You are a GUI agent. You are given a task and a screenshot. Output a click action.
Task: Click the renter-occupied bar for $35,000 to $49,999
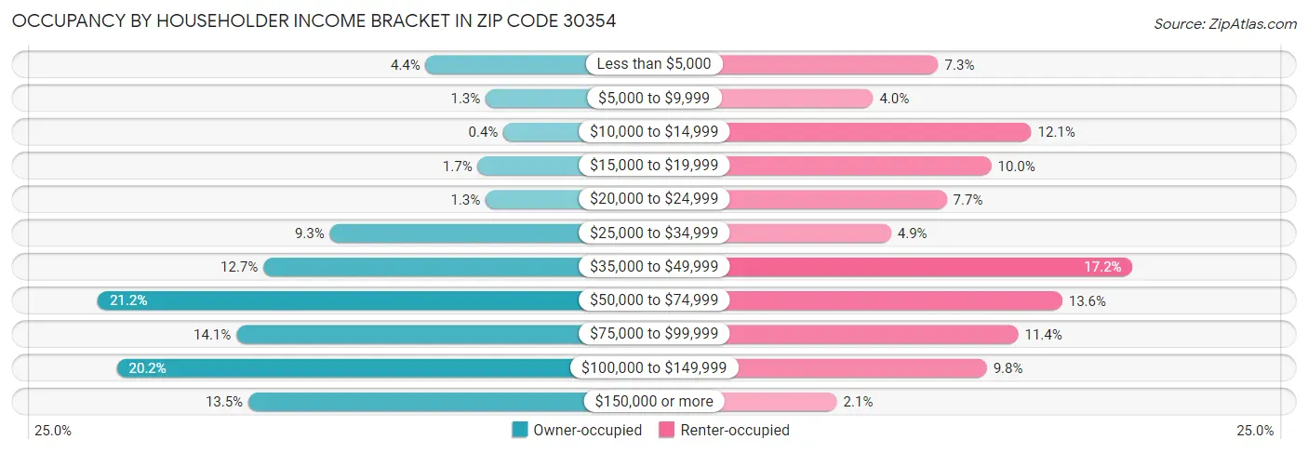click(930, 267)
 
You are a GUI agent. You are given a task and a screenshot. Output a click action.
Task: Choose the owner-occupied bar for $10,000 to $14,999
click(541, 132)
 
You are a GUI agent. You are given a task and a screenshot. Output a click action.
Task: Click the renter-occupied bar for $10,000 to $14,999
click(879, 132)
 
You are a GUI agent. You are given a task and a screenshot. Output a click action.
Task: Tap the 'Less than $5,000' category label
click(653, 64)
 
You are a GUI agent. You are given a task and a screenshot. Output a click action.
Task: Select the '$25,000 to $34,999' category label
click(653, 233)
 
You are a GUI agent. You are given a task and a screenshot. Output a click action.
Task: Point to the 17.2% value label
click(1102, 267)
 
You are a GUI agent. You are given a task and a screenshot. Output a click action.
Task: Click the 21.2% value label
click(128, 300)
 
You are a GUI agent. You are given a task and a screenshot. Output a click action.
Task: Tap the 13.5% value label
click(223, 402)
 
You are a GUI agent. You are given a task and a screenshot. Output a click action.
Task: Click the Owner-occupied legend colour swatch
click(520, 430)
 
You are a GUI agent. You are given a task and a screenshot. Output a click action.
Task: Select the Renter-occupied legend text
click(734, 430)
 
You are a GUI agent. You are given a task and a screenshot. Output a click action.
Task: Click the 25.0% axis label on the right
click(1254, 430)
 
